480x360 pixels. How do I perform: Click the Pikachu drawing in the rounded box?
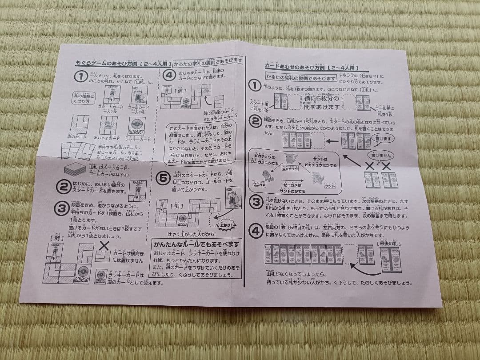[x=290, y=159]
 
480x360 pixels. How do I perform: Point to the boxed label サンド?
[x=329, y=186]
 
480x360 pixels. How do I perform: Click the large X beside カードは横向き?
[x=105, y=245]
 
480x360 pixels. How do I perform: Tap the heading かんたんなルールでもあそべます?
[x=196, y=244]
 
